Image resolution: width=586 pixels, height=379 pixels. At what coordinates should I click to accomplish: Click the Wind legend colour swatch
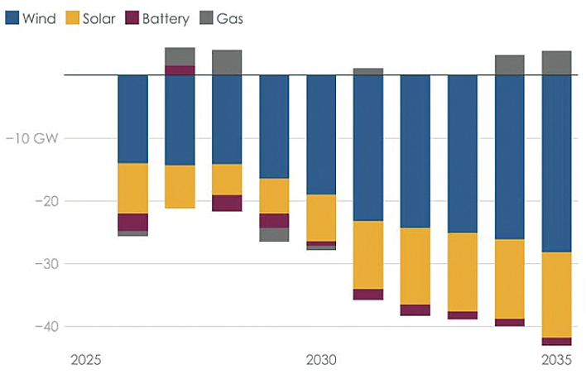(x=12, y=17)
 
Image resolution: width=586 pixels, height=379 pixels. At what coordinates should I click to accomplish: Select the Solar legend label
(x=98, y=17)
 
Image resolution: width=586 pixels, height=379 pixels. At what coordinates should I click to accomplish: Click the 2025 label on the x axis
(x=86, y=360)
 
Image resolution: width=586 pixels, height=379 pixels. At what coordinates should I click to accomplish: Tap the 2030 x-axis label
(x=321, y=360)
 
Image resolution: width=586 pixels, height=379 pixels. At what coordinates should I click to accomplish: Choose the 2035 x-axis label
(x=556, y=360)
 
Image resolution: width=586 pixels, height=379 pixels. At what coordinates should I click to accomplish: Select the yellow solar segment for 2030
(x=321, y=218)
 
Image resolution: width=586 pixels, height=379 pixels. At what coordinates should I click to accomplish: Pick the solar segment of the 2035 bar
(x=556, y=295)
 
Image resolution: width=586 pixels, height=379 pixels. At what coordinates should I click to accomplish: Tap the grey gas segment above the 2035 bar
(x=556, y=63)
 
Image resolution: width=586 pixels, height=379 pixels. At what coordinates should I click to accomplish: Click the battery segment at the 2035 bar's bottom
(x=556, y=342)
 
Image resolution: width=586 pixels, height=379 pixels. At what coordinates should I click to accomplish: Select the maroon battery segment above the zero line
(x=180, y=70)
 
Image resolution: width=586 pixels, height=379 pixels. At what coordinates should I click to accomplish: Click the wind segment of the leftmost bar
(x=132, y=119)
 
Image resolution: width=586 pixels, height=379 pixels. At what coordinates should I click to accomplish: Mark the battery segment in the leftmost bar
(x=132, y=222)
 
